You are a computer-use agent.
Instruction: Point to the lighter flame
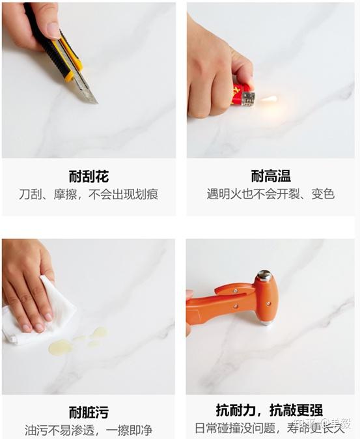click(269, 99)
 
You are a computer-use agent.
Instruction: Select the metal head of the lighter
click(249, 99)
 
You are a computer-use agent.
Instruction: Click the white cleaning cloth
click(39, 313)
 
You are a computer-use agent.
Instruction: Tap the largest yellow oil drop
click(60, 347)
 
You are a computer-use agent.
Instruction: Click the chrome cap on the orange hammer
click(264, 276)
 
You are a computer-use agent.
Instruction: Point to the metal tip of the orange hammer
click(266, 323)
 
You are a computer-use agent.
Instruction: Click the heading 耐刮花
click(89, 177)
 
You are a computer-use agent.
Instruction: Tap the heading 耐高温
click(271, 176)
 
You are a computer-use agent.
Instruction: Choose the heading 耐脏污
click(89, 412)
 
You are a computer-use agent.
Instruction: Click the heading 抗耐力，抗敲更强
click(270, 410)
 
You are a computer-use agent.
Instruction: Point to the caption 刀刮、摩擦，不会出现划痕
click(89, 194)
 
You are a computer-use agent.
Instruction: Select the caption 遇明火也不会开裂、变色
click(271, 194)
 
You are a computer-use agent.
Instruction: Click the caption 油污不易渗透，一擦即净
click(89, 431)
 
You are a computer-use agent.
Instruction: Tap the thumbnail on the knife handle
click(53, 30)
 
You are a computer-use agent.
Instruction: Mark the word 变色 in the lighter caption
click(323, 194)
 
